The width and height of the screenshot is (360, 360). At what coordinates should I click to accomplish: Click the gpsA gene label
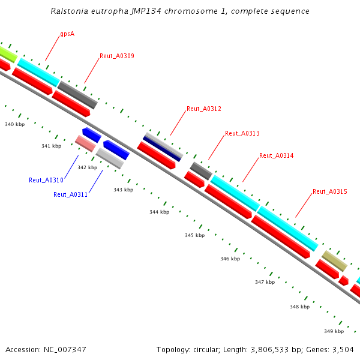[x=67, y=34]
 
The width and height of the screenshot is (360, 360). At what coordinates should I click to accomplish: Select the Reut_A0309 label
[x=116, y=56]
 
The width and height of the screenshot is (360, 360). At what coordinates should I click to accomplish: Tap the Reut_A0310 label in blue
[x=46, y=180]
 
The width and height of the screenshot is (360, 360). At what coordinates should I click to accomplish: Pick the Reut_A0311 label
[x=71, y=194]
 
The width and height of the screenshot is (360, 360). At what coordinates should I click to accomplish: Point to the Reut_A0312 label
[x=204, y=109]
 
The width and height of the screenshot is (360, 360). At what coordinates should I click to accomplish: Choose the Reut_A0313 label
[x=242, y=133]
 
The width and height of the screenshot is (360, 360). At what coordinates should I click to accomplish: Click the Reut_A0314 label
[x=276, y=155]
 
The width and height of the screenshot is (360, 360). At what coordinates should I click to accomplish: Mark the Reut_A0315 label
[x=329, y=192]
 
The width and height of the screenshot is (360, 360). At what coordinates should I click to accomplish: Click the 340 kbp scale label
[x=14, y=124]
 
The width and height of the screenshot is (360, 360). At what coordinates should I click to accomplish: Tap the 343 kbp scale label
[x=123, y=190]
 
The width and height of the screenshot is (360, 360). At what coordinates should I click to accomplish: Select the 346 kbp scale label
[x=230, y=259]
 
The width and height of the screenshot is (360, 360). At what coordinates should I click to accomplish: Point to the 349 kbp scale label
[x=334, y=331]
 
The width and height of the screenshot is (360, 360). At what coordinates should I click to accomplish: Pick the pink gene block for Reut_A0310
[x=85, y=143]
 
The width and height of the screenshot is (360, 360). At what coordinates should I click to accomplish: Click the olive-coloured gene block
[x=334, y=260]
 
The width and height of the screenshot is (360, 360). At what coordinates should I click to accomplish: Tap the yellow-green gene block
[x=7, y=53]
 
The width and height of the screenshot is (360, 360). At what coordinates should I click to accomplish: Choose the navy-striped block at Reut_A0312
[x=163, y=147]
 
